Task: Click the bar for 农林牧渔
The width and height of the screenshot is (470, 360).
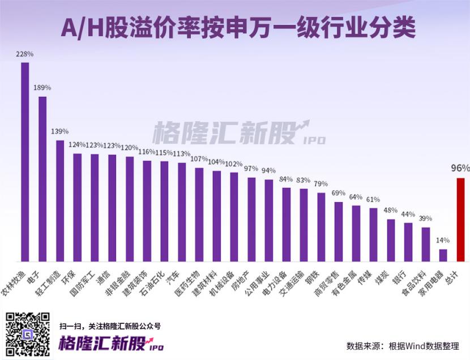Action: (x=25, y=161)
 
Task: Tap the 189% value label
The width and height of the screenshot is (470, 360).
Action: (x=42, y=88)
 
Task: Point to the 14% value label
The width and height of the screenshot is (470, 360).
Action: (x=443, y=241)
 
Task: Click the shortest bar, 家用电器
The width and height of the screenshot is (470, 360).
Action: (x=443, y=255)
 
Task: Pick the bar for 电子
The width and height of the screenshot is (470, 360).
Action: (x=42, y=178)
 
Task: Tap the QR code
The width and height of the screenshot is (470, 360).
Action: (x=28, y=335)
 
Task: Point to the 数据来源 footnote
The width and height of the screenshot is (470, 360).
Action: (x=403, y=345)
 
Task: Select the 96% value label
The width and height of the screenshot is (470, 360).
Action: (x=460, y=168)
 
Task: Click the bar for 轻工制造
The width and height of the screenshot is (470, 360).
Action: (x=60, y=200)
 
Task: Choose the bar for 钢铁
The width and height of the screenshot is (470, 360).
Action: (x=321, y=227)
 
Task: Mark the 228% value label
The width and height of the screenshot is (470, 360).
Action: (x=25, y=54)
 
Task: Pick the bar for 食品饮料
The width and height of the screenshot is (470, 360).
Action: (x=426, y=244)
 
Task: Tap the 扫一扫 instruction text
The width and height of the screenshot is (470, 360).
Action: (x=110, y=326)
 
